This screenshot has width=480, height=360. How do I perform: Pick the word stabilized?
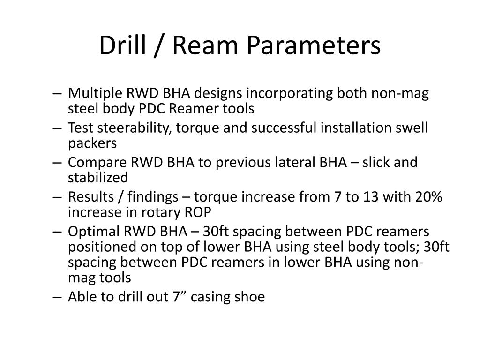point(98,178)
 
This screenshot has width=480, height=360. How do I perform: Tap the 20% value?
point(428,197)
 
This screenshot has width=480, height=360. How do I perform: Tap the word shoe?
point(251,297)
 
